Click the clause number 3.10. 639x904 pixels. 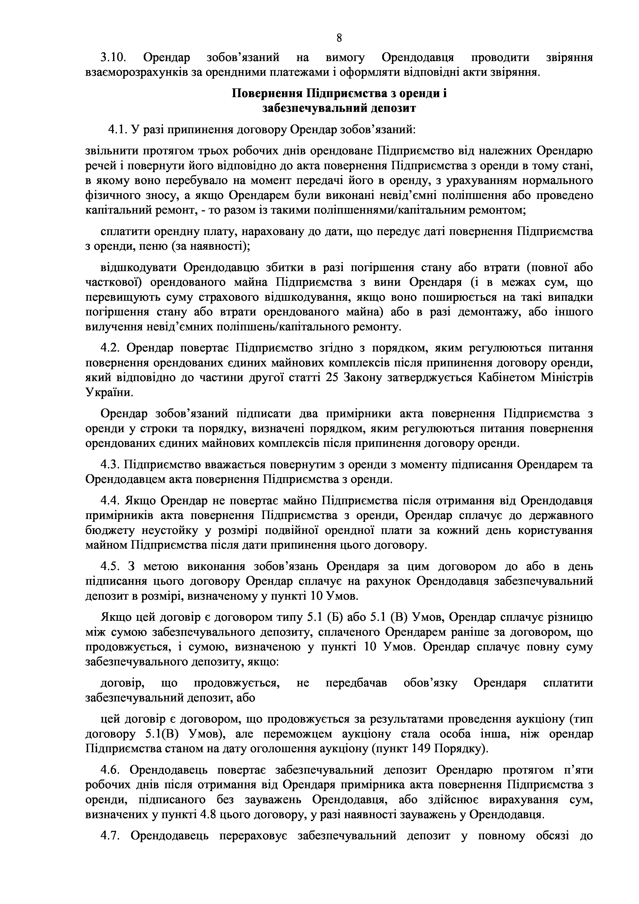[113, 58]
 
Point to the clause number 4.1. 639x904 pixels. [117, 129]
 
